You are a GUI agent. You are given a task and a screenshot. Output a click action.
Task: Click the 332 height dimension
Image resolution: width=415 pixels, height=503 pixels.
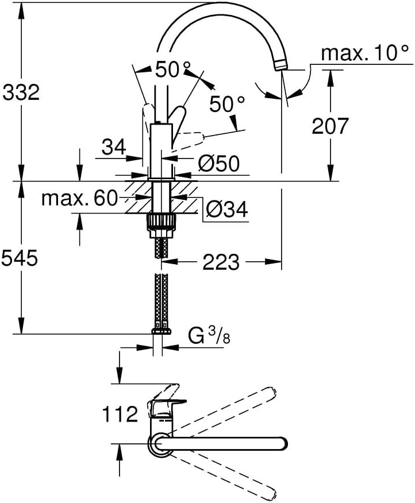21,92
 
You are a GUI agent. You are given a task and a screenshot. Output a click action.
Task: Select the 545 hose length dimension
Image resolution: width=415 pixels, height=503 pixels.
20,258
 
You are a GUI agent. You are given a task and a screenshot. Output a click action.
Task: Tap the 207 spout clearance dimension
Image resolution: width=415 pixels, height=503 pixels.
330,126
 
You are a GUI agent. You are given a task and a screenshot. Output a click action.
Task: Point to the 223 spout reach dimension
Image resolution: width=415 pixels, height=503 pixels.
221,262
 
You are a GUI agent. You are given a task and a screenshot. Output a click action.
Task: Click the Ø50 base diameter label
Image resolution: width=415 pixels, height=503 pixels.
218,163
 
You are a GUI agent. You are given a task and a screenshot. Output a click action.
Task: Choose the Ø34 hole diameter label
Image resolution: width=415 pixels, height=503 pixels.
227,210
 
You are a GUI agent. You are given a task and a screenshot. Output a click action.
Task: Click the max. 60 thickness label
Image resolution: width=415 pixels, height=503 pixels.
80,198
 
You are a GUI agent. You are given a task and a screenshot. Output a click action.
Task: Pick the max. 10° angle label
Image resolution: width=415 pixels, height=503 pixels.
365,53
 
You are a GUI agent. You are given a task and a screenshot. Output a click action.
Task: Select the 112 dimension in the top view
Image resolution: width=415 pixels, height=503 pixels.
120,414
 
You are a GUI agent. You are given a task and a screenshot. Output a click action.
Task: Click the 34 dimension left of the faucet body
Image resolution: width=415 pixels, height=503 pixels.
114,147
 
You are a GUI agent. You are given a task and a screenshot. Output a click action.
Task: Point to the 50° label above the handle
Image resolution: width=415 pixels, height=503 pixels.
173,69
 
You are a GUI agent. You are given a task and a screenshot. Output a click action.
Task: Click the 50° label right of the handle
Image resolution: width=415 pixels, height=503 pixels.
227,105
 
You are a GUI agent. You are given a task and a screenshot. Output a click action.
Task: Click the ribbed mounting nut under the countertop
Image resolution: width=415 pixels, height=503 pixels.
162,222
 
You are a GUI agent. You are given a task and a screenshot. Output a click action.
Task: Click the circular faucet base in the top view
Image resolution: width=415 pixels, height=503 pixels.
160,444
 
